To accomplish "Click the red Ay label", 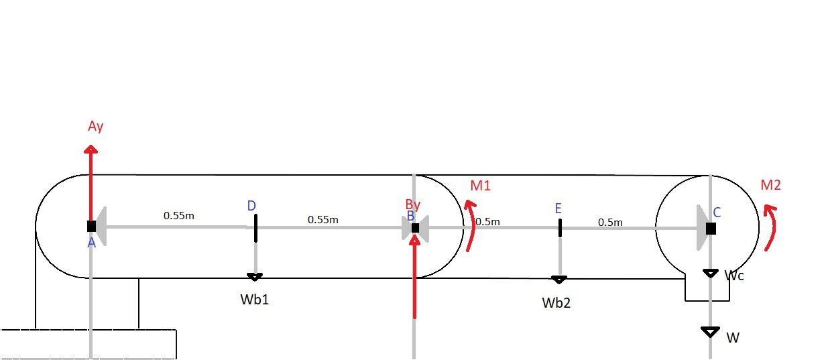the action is coord(96,126).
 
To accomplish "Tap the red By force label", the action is coord(413,204).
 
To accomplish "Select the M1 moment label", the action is coord(480,186).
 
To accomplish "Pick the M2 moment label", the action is coord(771,185).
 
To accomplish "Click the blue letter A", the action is coord(92,243).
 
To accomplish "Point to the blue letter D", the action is coord(251,206).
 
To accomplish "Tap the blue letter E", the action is coord(558,209).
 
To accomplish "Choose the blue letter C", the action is coord(717,213).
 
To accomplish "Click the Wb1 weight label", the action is coord(255,300).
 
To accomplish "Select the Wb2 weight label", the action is coord(556,303).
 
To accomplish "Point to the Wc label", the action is coord(735,275).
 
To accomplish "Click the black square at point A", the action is coord(91,227).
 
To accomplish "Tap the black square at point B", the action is coord(415,228).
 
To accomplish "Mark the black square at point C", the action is coord(711,229).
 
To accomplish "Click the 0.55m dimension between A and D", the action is coord(179,216).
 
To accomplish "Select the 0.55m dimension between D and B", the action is coord(323,219).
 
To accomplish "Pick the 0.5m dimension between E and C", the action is coord(610,222).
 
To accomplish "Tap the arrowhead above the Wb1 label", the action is coord(255,276).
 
